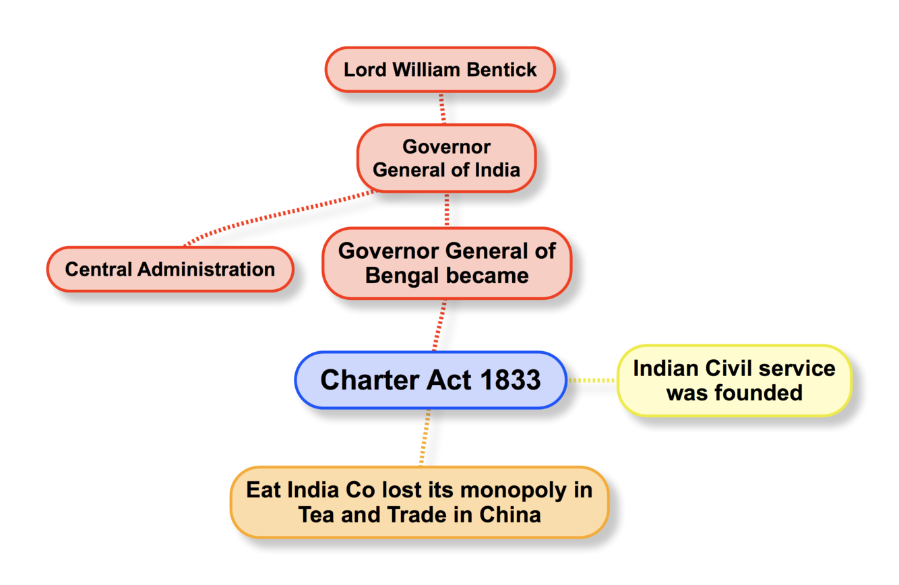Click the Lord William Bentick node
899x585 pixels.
pyautogui.click(x=440, y=69)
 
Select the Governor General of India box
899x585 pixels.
pyautogui.click(x=446, y=158)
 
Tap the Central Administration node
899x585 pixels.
pyautogui.click(x=170, y=270)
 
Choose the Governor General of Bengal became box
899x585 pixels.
pyautogui.click(x=446, y=264)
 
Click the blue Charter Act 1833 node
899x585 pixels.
pyautogui.click(x=430, y=380)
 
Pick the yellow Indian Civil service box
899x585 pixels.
pyautogui.click(x=734, y=380)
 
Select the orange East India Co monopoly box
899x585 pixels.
pyautogui.click(x=419, y=502)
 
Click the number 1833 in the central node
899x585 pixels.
pyautogui.click(x=510, y=380)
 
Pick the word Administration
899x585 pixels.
pyautogui.click(x=207, y=270)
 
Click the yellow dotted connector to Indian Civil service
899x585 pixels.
pyautogui.click(x=592, y=380)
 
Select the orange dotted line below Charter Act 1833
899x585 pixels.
pyautogui.click(x=425, y=437)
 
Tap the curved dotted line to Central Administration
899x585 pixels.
pyautogui.click(x=270, y=218)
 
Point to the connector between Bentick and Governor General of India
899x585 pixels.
pyautogui.click(x=442, y=108)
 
